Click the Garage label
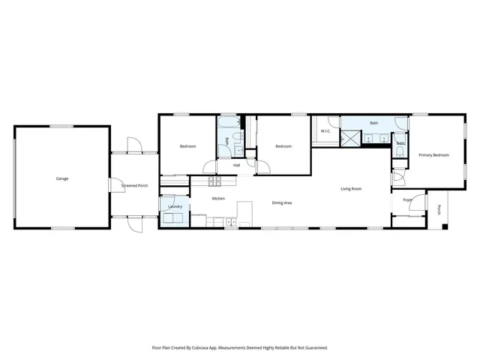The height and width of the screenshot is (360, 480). click(x=62, y=178)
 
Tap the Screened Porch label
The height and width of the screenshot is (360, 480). click(x=135, y=185)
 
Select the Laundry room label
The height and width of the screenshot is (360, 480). click(x=175, y=206)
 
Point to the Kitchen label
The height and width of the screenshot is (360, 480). click(x=218, y=198)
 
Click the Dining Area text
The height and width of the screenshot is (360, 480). click(x=281, y=202)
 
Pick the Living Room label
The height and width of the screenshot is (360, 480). click(x=351, y=188)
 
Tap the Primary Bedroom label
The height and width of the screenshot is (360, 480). click(x=433, y=155)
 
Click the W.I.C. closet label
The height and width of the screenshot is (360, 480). click(x=326, y=131)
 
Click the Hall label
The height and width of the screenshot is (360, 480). click(x=236, y=165)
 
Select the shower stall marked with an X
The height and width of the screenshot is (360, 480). click(x=349, y=136)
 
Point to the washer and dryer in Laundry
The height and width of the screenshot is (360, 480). click(x=176, y=218)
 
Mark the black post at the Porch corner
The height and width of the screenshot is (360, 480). click(x=444, y=226)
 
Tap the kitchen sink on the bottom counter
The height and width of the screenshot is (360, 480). click(x=231, y=222)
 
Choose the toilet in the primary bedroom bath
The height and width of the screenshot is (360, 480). click(x=400, y=152)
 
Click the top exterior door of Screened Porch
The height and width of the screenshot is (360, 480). click(x=133, y=145)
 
